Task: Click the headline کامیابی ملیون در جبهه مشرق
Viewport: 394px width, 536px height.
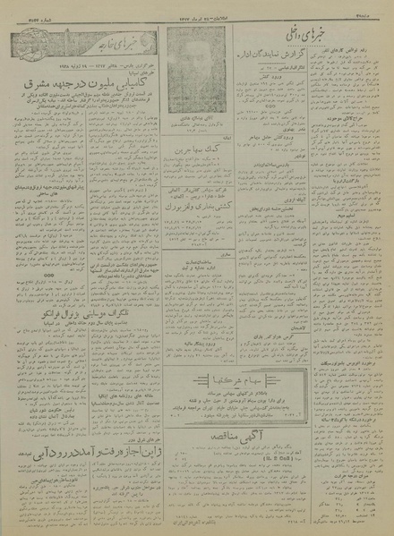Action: [x=73, y=103]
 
